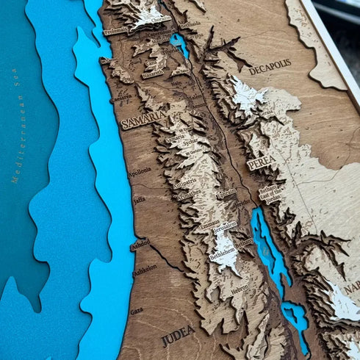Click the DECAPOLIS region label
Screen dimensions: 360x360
270,68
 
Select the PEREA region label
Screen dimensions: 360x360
262,162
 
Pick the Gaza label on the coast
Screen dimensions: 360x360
137,311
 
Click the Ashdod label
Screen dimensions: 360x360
140,245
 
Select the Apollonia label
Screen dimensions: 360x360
140,170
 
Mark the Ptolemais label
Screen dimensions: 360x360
115,32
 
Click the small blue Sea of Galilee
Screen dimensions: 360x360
179,44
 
